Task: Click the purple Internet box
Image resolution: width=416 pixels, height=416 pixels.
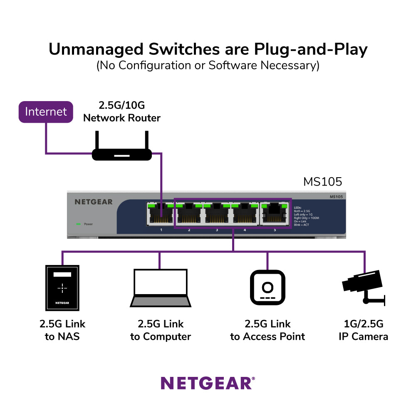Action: coord(46,111)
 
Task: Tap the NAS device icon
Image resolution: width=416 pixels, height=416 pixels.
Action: coord(62,287)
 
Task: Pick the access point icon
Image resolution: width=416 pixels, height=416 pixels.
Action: coord(267,287)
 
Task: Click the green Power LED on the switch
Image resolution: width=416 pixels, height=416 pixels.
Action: coord(78,224)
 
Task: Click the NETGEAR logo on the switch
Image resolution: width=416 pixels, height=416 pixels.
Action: coord(94,202)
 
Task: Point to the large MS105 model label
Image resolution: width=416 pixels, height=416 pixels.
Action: coord(322,182)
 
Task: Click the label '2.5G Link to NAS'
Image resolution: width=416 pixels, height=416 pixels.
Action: coord(62,330)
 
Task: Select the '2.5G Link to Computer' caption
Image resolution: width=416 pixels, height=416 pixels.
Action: coord(161,330)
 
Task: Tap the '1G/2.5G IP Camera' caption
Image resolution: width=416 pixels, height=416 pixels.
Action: coord(363,330)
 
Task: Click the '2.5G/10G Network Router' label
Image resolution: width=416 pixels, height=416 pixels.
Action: coord(122,112)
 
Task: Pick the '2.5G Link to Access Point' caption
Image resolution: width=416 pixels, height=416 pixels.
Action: coord(267,330)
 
